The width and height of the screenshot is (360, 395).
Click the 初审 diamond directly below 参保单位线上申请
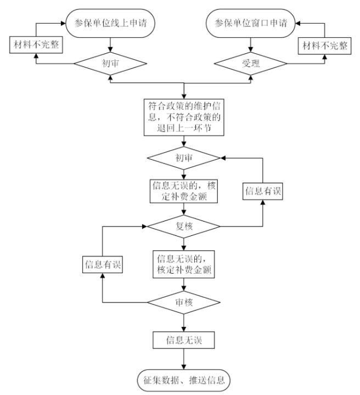coord(111,64)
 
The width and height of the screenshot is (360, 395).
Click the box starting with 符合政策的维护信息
coord(183,116)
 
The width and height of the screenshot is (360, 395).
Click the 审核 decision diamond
coord(183,303)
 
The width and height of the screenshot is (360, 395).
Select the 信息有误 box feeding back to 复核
coord(102,265)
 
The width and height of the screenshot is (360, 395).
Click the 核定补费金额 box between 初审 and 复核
coord(183,191)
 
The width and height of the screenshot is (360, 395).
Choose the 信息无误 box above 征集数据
coord(183,340)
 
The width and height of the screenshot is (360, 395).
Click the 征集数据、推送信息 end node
coord(183,379)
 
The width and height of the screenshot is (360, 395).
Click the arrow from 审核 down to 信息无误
coord(183,323)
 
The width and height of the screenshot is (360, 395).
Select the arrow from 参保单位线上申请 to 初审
coord(111,44)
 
